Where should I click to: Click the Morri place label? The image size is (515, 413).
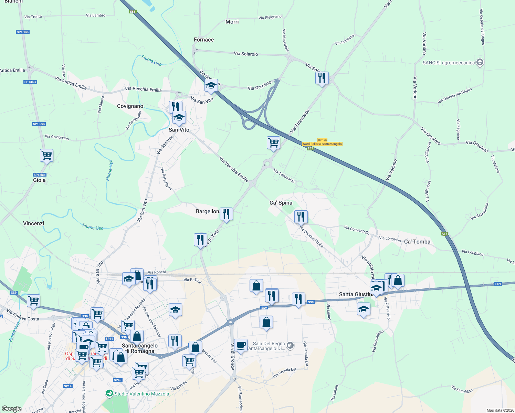point(232,22)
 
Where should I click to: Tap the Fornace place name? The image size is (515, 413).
point(204,40)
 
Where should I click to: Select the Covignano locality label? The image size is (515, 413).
point(130,106)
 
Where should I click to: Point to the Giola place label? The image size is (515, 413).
point(39,180)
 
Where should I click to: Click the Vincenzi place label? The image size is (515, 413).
point(34,223)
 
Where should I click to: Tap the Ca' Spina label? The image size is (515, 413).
point(281,203)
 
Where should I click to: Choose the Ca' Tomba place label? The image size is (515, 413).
point(417,242)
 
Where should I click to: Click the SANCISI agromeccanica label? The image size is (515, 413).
point(449,63)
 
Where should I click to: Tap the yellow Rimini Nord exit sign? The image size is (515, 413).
point(322,142)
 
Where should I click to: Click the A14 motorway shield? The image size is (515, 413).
point(445,234)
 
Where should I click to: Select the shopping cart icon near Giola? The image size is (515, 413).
point(46,156)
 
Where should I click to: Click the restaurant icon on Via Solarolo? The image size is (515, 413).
point(322,78)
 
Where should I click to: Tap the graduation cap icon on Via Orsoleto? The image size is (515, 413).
point(211,86)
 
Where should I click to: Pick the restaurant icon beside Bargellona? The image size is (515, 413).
point(226,214)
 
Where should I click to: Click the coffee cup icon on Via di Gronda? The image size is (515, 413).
point(241,345)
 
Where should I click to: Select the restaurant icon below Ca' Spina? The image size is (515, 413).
point(301,217)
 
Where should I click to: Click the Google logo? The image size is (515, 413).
point(11,409)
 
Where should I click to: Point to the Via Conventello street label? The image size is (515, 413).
point(357,230)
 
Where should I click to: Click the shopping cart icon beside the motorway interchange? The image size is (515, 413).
point(273,142)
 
